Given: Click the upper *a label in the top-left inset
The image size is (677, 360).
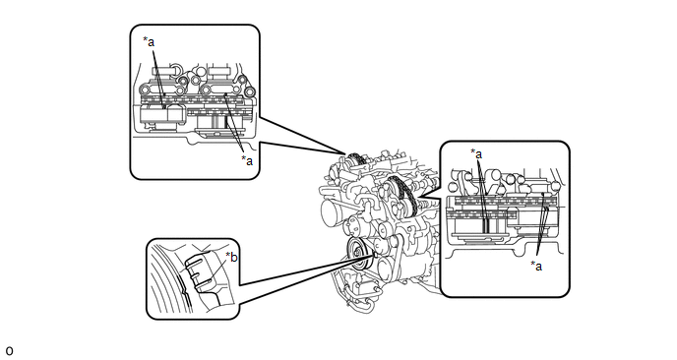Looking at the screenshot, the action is [149, 42].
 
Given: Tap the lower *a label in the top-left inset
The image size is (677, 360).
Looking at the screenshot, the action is [247, 160].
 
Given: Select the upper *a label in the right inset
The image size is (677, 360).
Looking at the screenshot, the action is [476, 153].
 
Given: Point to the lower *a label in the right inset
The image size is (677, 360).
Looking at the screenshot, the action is [536, 266].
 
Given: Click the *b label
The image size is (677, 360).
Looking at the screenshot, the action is [232, 258].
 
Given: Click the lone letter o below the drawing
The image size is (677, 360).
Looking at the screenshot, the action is [9, 351].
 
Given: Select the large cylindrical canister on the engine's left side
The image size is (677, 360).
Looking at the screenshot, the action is [334, 212].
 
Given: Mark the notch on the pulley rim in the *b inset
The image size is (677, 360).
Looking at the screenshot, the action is [184, 292].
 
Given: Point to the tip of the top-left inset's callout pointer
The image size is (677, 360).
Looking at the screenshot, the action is [345, 154].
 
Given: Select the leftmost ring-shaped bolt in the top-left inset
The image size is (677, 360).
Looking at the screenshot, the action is [145, 90].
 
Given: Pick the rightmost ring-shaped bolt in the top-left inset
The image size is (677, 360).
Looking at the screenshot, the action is [249, 92].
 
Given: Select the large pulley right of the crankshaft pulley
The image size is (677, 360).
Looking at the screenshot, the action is [387, 267].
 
